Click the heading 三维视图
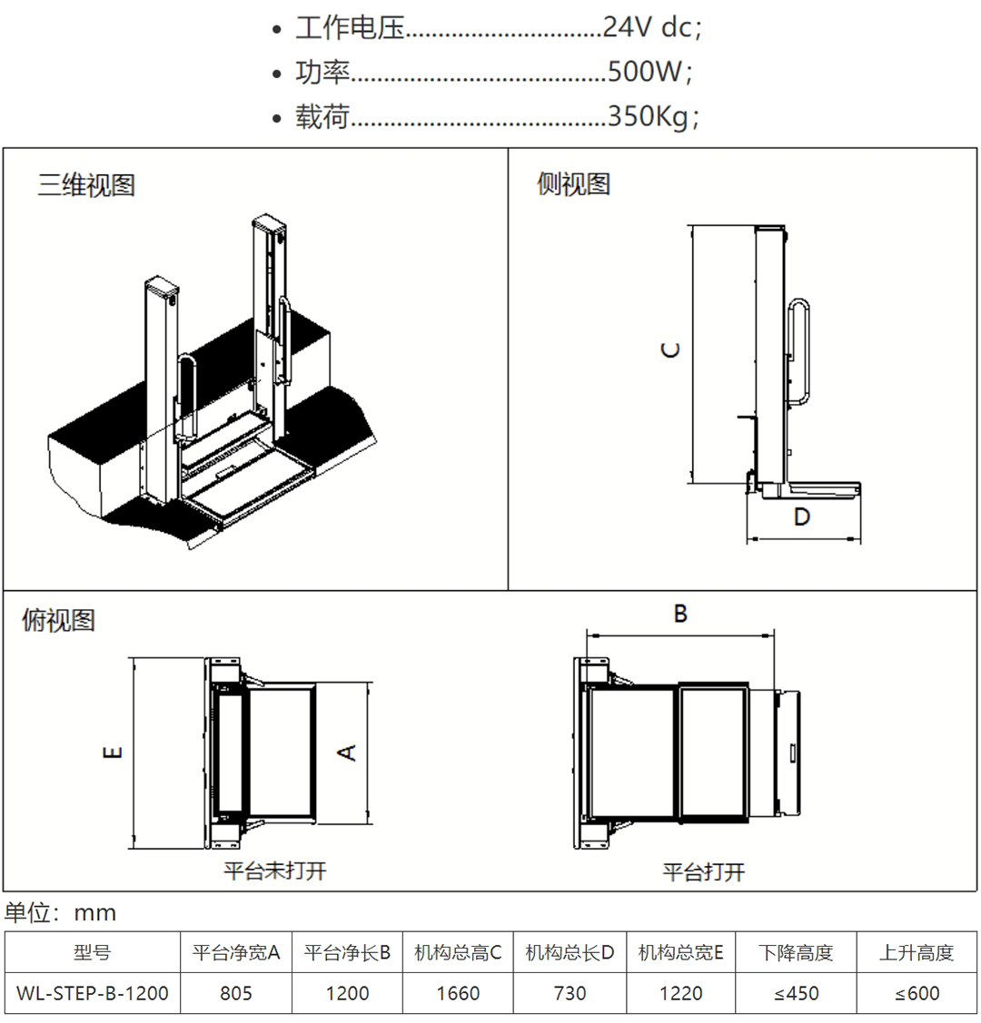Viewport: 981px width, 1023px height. click(86, 185)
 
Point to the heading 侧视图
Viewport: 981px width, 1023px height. click(573, 184)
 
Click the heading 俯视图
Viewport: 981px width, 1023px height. click(58, 621)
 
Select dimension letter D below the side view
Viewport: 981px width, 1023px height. click(801, 516)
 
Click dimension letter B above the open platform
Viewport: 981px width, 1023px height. click(680, 615)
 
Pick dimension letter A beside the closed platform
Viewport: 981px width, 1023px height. click(347, 752)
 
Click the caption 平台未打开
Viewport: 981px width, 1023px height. click(275, 871)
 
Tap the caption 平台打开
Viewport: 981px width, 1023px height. click(704, 872)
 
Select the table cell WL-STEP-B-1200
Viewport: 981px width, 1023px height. click(93, 993)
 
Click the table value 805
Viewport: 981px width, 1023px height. click(236, 993)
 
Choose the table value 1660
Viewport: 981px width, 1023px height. click(458, 993)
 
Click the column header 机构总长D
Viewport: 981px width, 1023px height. click(570, 952)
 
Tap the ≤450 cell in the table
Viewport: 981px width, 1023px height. click(797, 993)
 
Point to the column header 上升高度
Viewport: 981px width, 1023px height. click(917, 952)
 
